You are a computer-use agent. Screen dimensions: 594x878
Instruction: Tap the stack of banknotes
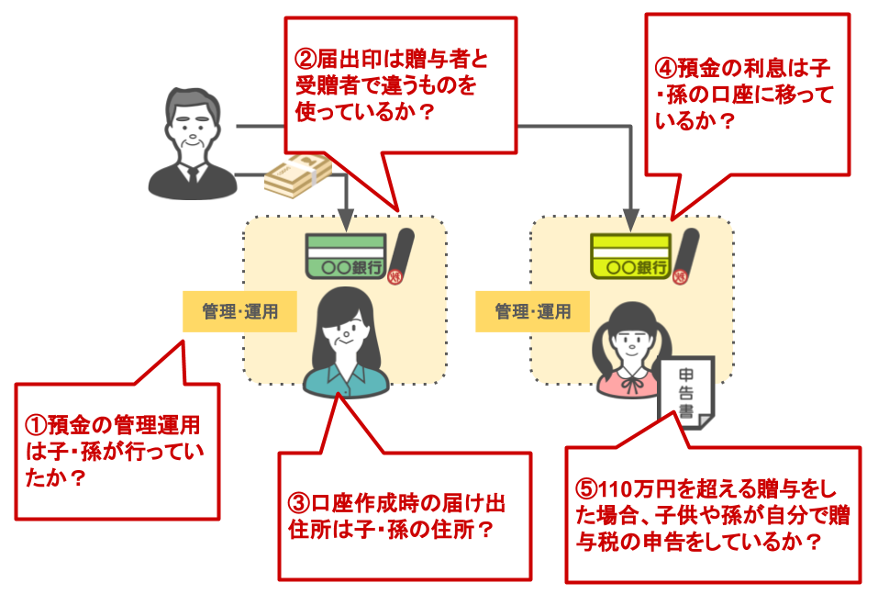point(296,174)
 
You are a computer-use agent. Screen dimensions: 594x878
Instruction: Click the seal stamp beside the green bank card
point(401,257)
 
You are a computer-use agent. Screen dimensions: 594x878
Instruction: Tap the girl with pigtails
point(631,349)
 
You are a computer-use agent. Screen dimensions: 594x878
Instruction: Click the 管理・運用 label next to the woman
point(239,311)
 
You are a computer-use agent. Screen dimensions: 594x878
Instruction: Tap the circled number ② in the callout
point(305,60)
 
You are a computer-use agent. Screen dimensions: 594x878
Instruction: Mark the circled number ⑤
point(584,488)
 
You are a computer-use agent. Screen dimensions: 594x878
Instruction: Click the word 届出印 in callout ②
point(349,60)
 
